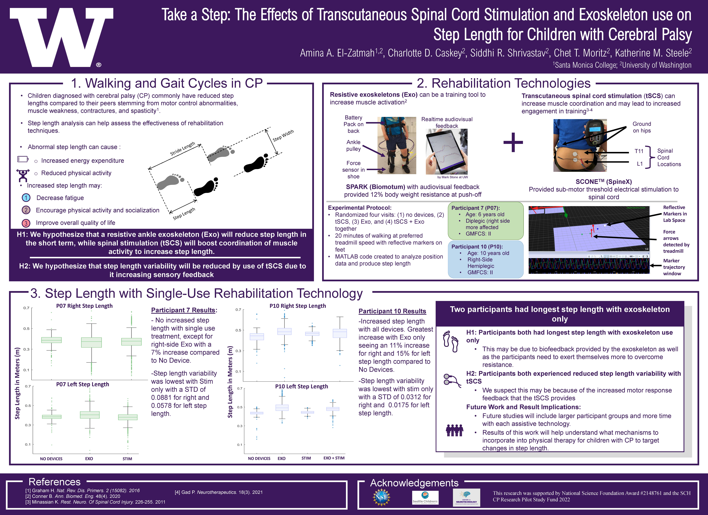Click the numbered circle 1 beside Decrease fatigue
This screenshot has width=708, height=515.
26,198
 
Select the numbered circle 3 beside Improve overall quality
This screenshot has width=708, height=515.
26,223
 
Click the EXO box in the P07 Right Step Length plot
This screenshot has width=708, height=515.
91,342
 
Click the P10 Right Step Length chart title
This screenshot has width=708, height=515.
298,306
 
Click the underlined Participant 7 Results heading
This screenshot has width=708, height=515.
183,310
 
